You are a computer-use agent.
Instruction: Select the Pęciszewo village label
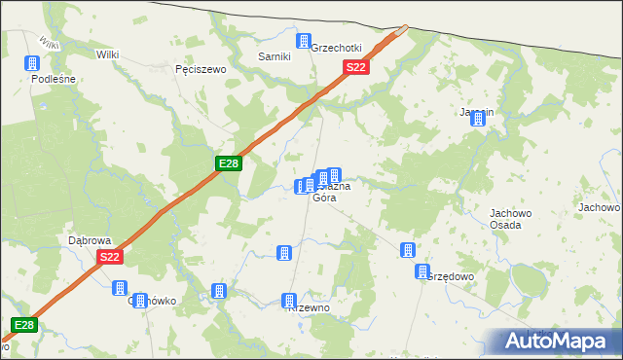[200, 70]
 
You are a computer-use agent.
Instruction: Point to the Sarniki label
[274, 56]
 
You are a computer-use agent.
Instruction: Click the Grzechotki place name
[336, 48]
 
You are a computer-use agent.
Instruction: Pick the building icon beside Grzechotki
[304, 41]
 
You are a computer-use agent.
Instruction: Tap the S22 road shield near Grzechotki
[356, 67]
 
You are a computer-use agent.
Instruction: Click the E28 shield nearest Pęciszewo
[228, 163]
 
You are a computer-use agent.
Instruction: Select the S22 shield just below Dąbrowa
[110, 257]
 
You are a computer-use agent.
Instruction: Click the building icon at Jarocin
[478, 117]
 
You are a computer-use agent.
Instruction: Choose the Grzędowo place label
[450, 276]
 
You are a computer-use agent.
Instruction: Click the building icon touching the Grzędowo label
[422, 271]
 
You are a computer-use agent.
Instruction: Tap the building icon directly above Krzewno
[288, 301]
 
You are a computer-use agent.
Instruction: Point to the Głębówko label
[153, 301]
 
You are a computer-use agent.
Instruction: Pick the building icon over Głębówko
[120, 288]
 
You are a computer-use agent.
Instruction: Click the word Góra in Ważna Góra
[324, 198]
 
